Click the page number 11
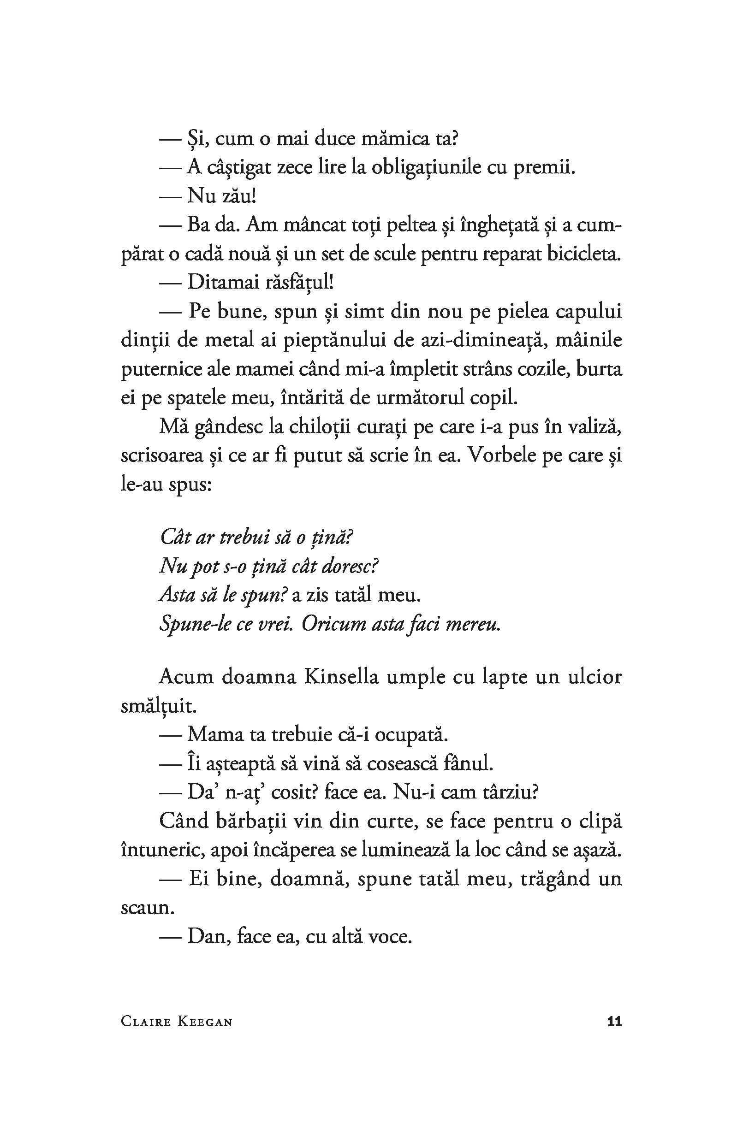pos(614,1022)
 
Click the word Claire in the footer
pos(146,1022)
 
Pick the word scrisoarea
pos(162,455)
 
